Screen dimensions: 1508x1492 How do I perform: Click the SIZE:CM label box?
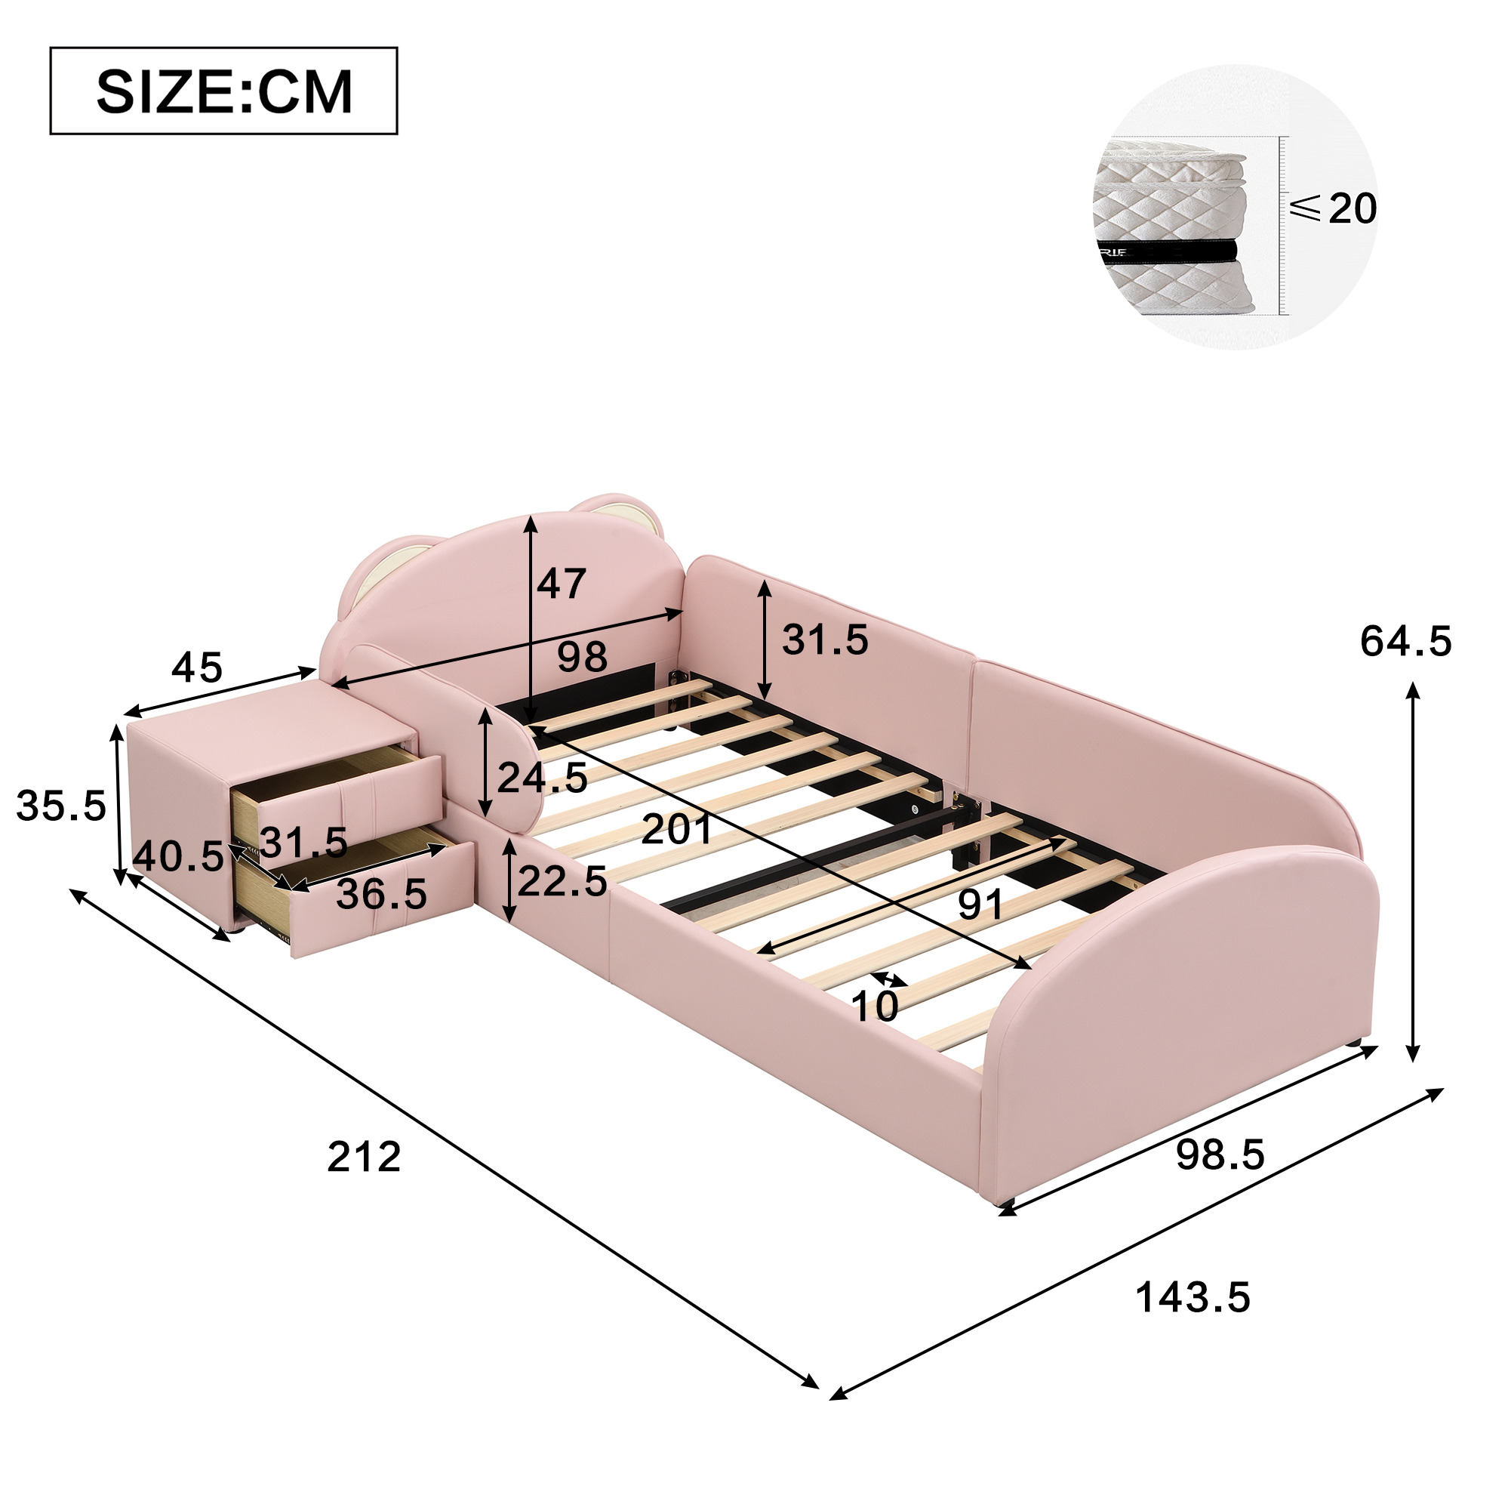tap(224, 91)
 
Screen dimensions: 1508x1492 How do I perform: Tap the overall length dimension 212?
tap(364, 1156)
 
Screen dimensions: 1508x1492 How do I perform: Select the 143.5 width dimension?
tap(1193, 1298)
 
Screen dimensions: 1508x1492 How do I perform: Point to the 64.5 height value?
tap(1406, 642)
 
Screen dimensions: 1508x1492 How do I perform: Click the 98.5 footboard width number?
tap(1220, 1154)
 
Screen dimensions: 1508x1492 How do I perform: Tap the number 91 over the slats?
tap(981, 905)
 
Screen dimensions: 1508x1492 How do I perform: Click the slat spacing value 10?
tap(875, 1006)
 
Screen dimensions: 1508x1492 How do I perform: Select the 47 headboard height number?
tap(562, 583)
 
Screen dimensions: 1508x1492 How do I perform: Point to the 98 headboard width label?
tap(582, 658)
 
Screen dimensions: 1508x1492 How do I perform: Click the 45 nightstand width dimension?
tap(198, 667)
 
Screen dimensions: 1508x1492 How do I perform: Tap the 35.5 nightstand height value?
tap(61, 805)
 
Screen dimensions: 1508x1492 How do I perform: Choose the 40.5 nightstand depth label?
tap(179, 856)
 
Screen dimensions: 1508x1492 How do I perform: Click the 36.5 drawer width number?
tap(382, 893)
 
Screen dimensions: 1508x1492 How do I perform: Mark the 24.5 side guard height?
tap(543, 777)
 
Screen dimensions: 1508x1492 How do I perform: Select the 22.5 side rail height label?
tap(562, 880)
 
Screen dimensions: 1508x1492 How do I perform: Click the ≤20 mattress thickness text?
tap(1333, 208)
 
